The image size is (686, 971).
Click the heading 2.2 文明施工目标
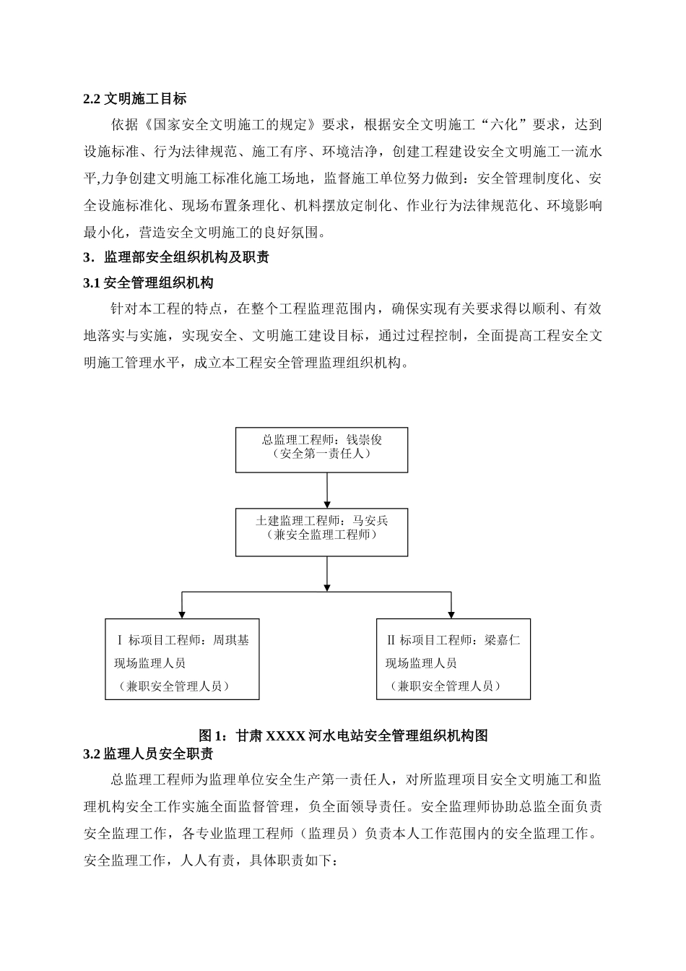click(135, 98)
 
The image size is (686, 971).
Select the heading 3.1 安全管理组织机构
click(149, 282)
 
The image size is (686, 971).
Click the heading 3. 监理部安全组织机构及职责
click(176, 257)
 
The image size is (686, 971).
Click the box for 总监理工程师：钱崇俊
click(321, 449)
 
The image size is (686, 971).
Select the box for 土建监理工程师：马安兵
click(321, 531)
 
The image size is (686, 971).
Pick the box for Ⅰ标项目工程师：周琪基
click(182, 659)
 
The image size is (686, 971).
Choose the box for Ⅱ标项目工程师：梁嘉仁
click(453, 659)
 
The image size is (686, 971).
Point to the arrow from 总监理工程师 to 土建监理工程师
click(327, 490)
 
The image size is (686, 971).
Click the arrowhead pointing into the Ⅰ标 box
click(182, 614)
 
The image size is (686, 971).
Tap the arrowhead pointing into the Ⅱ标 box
click(451, 614)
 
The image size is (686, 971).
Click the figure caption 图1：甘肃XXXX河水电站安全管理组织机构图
click(343, 735)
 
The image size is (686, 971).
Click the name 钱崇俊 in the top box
click(365, 439)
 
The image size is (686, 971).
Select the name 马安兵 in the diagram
click(370, 520)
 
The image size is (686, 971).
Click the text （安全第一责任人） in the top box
click(321, 454)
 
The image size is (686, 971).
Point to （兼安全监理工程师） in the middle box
click(321, 535)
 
